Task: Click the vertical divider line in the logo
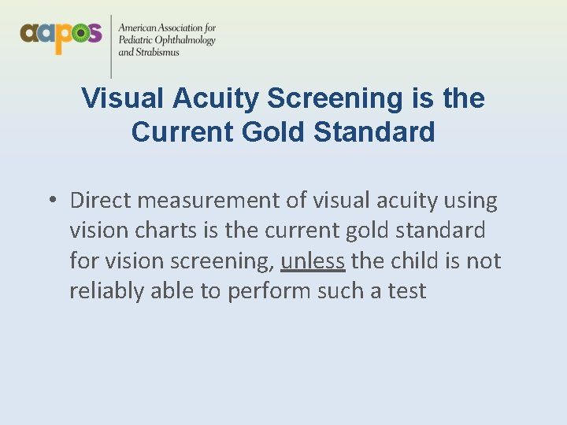(x=111, y=43)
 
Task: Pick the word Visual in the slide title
(x=120, y=98)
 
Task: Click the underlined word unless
(x=313, y=261)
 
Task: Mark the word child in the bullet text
(x=413, y=261)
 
